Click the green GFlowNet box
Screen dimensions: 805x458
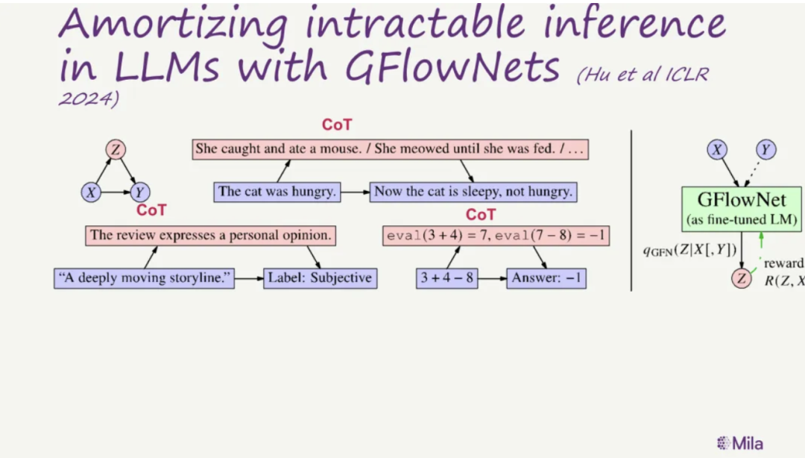tap(742, 209)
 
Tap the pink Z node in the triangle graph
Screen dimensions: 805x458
tap(116, 149)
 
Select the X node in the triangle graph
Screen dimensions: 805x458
tap(91, 192)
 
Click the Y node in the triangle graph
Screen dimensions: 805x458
tap(139, 192)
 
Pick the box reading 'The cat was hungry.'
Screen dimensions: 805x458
tap(277, 192)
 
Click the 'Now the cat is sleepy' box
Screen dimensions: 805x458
tap(473, 192)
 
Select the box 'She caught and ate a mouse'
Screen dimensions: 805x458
tap(390, 149)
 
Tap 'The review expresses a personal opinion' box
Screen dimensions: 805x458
tap(210, 236)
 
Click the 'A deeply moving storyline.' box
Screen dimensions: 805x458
tap(145, 278)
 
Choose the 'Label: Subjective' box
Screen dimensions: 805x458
tap(321, 278)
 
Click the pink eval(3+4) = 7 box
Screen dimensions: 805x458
tap(496, 236)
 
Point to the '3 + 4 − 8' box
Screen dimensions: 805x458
tap(446, 278)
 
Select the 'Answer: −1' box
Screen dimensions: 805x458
tap(546, 278)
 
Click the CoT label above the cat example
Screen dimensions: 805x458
tap(337, 125)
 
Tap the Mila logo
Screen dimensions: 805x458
tap(740, 443)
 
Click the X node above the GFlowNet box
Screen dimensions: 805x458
tap(717, 150)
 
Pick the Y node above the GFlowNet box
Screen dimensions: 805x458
tap(765, 150)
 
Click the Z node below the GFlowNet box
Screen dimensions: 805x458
tap(742, 278)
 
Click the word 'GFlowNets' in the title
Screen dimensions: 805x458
tap(452, 67)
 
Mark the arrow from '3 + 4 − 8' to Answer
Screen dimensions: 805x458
tap(493, 278)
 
